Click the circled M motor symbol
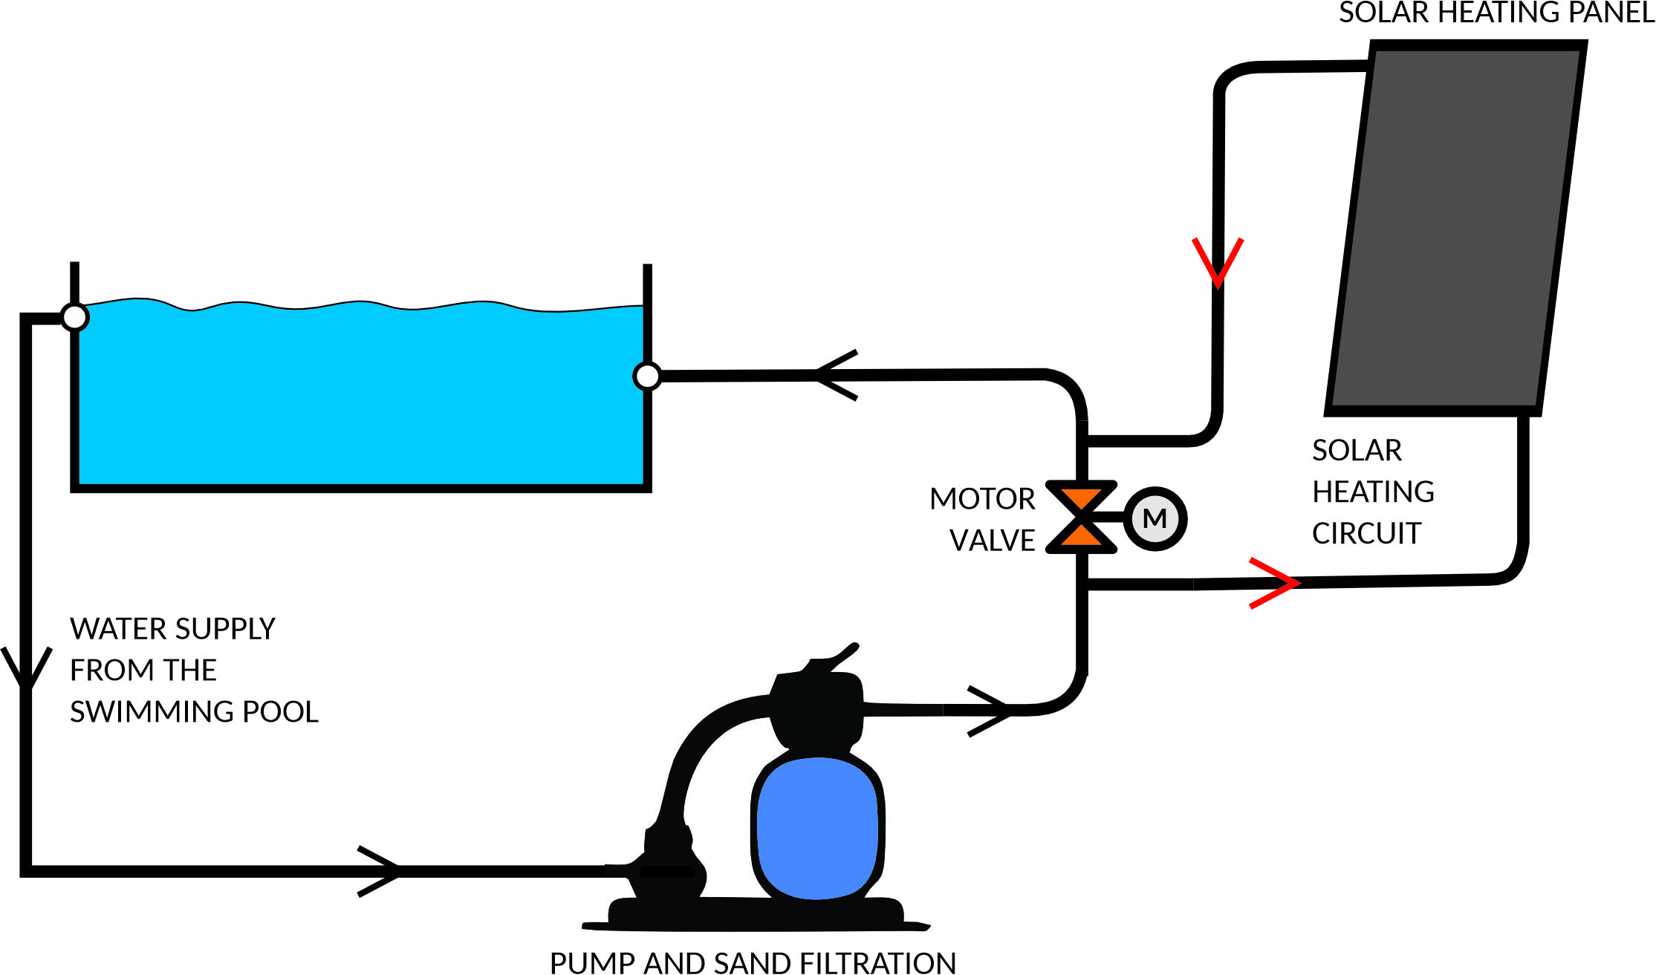click(1155, 518)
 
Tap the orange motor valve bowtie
click(1082, 517)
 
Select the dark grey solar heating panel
click(1456, 223)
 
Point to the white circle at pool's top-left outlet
click(74, 317)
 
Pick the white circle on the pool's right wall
click(647, 376)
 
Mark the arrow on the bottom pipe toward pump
click(380, 871)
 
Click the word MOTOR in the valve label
click(982, 499)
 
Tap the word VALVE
click(993, 541)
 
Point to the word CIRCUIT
click(1366, 533)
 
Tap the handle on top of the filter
click(836, 658)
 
